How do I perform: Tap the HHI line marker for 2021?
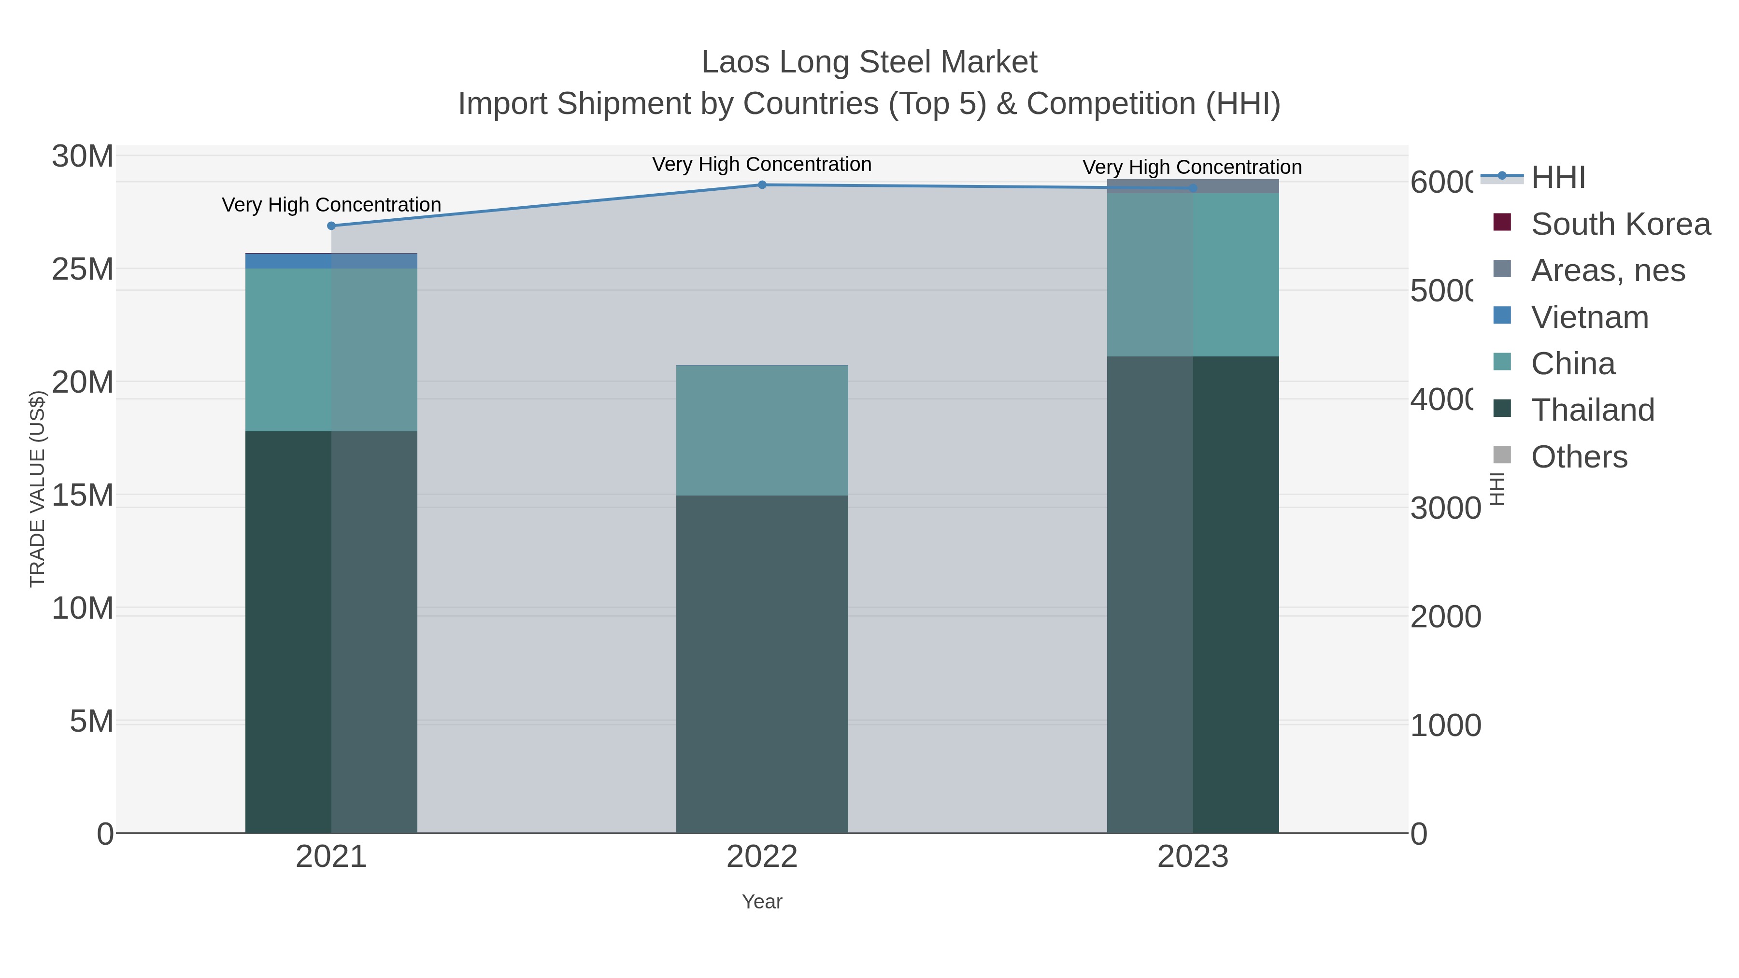pyautogui.click(x=331, y=226)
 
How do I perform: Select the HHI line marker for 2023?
pyautogui.click(x=1193, y=188)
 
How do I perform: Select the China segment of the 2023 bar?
pyautogui.click(x=1193, y=275)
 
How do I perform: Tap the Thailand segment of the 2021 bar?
pyautogui.click(x=331, y=632)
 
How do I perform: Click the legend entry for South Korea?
pyautogui.click(x=1620, y=224)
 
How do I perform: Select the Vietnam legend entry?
pyautogui.click(x=1589, y=317)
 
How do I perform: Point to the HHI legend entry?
pyautogui.click(x=1557, y=178)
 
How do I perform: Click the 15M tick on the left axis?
pyautogui.click(x=82, y=496)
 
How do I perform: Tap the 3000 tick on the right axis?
pyautogui.click(x=1445, y=508)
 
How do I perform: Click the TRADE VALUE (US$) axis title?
pyautogui.click(x=38, y=489)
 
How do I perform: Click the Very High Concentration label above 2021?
pyautogui.click(x=331, y=204)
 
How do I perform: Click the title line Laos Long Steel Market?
pyautogui.click(x=869, y=62)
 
